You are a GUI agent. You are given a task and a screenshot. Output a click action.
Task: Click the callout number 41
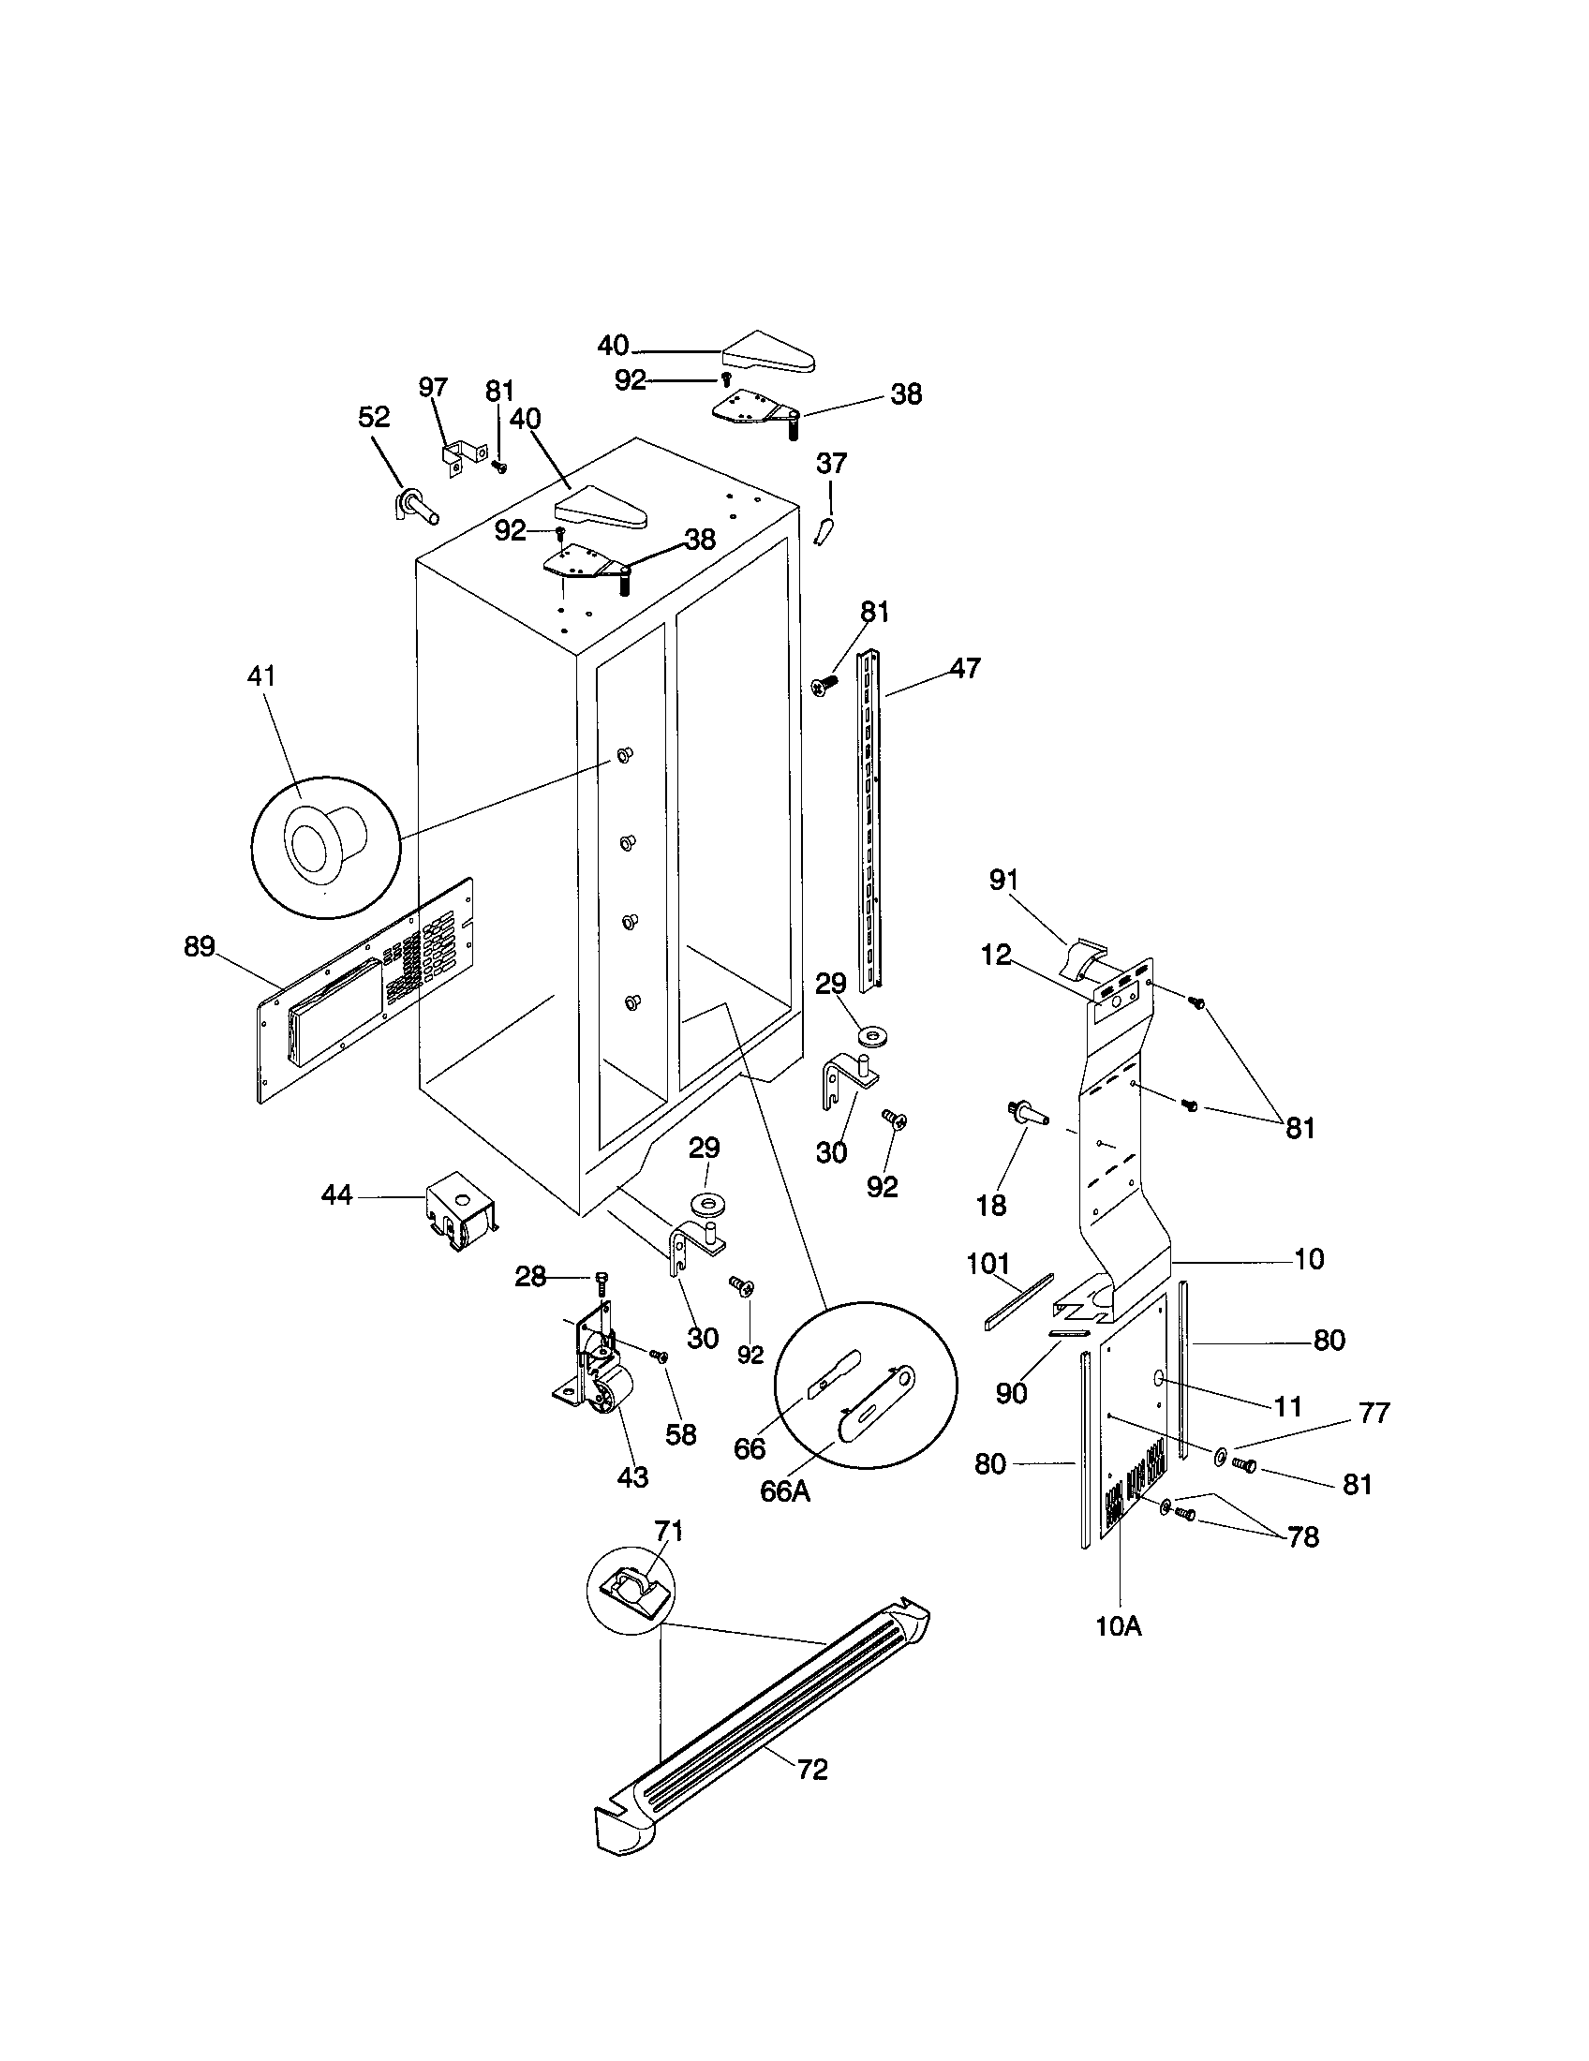pos(261,675)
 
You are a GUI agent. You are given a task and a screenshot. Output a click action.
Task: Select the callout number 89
pos(200,945)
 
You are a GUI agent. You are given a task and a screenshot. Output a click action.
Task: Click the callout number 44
pos(337,1194)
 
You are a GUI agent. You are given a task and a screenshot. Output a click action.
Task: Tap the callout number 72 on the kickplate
pos(812,1770)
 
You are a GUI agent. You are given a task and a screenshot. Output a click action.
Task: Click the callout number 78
pos(1303,1537)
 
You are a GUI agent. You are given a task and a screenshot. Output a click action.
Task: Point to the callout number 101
pos(988,1263)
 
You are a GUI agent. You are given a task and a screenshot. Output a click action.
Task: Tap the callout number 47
pos(965,668)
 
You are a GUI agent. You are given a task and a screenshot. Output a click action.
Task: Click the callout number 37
pos(831,464)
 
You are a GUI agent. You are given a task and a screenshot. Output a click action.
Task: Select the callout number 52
pos(374,417)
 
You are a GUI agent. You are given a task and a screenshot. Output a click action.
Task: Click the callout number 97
pos(433,387)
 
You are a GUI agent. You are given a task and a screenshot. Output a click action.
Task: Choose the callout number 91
pos(1004,880)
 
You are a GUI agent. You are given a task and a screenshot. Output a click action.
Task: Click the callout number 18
pos(991,1204)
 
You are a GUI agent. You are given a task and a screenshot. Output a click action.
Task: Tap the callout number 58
pos(680,1434)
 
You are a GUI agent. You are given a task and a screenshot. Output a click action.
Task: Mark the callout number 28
pos(531,1277)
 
